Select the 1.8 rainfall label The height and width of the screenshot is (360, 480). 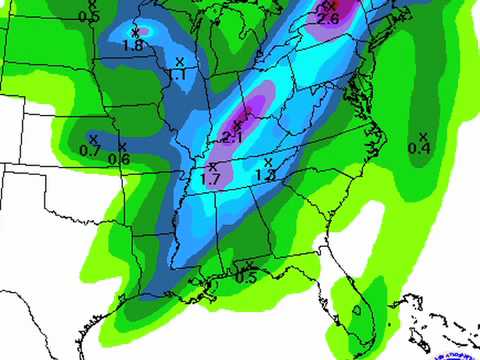point(132,46)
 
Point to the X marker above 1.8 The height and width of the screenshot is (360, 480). point(134,33)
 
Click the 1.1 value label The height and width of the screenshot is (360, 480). point(177,75)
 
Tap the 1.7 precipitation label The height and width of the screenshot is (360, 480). point(211,179)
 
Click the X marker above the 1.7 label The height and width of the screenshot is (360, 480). point(213,166)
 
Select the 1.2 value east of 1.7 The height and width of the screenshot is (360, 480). point(266,175)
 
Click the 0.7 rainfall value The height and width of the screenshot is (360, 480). point(90,151)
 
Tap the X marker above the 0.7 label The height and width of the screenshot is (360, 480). point(93,138)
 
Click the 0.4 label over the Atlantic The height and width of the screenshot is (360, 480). point(420,149)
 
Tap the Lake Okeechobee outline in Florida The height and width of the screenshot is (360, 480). point(355,311)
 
